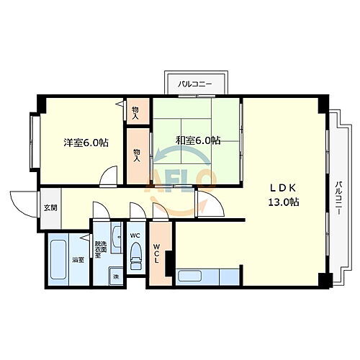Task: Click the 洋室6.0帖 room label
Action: (85, 143)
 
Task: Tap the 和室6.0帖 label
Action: (198, 140)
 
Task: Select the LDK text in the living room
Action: (280, 188)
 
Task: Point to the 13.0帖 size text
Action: (284, 202)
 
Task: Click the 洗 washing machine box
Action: (114, 276)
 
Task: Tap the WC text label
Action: (135, 235)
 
